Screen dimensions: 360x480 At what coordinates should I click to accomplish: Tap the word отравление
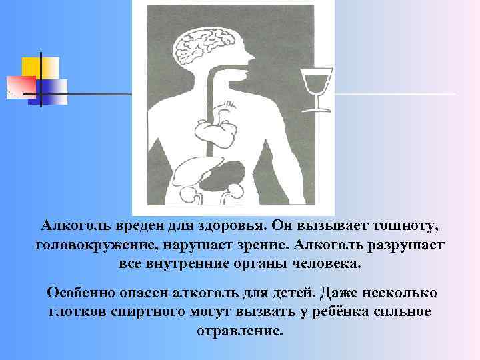click(x=240, y=331)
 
